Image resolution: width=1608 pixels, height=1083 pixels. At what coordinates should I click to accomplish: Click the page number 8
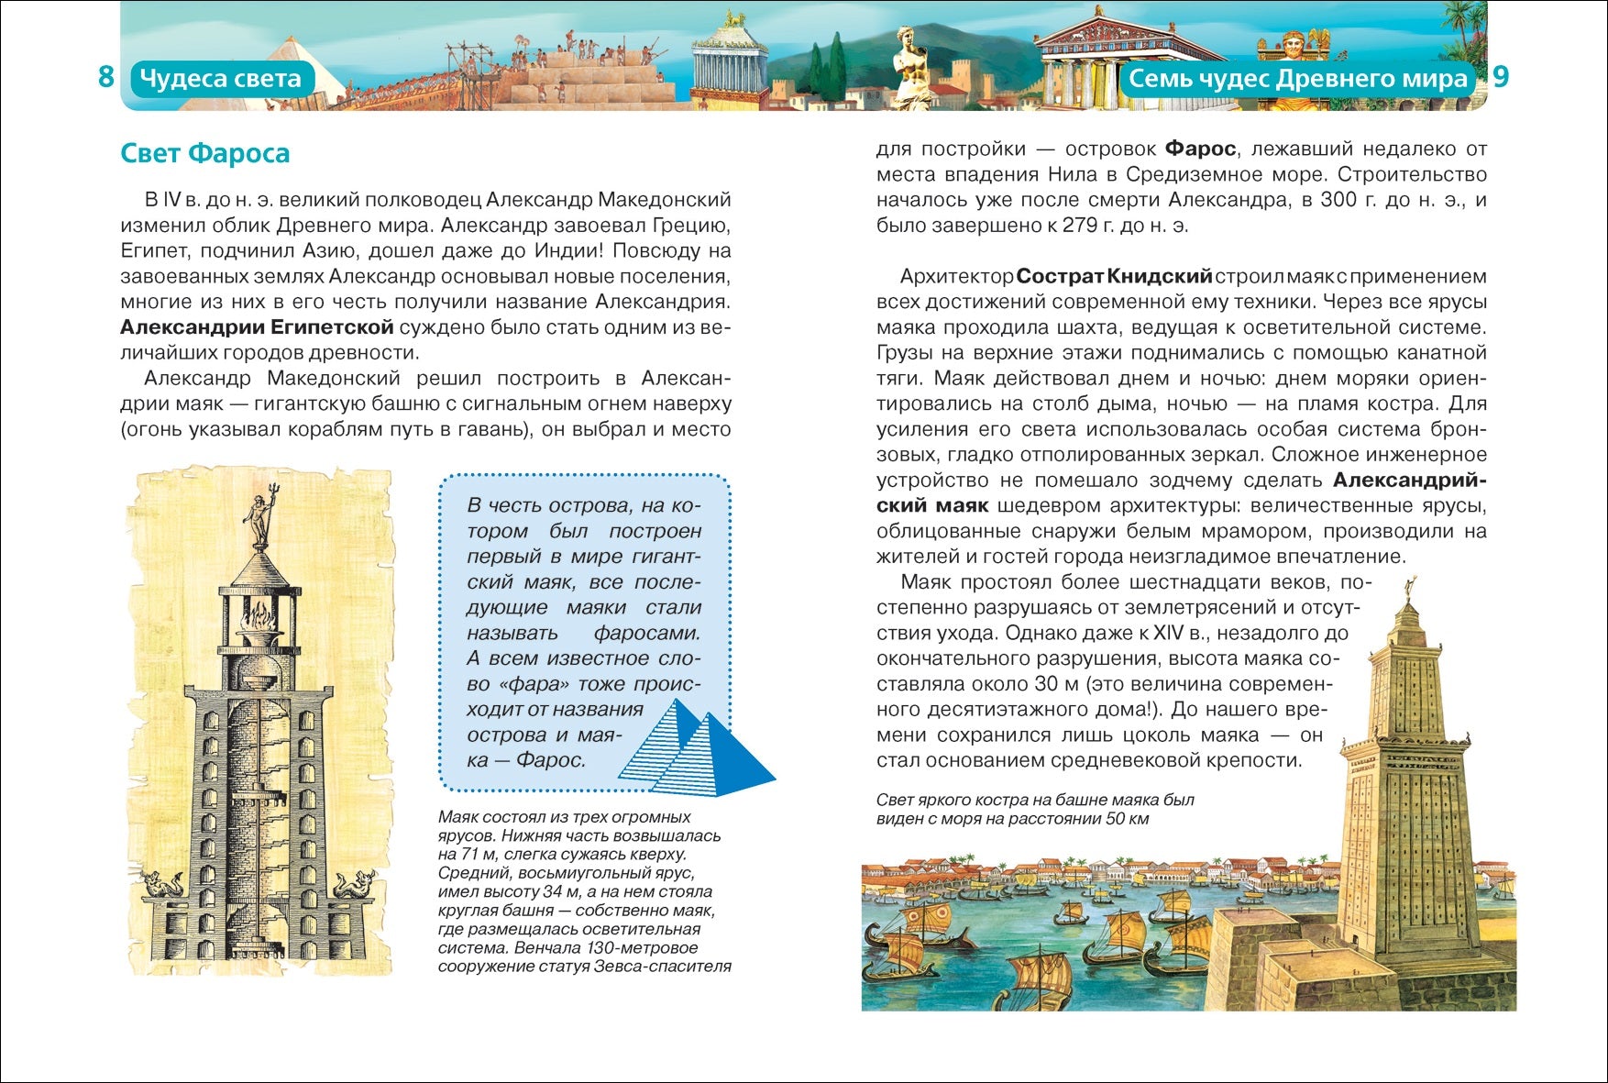click(106, 77)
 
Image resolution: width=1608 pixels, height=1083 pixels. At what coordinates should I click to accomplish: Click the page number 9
click(1500, 77)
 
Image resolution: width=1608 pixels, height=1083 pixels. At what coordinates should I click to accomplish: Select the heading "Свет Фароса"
click(204, 153)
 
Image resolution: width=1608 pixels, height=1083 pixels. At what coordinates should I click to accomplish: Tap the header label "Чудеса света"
click(220, 79)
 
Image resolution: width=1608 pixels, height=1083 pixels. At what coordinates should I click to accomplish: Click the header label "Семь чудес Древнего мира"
click(1297, 79)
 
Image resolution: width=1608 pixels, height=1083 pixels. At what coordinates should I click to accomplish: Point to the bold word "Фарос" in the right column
click(1200, 149)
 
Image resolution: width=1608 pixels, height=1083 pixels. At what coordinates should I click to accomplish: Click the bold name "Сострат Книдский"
click(1114, 276)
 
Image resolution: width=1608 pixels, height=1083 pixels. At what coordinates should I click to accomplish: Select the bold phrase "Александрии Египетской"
click(257, 326)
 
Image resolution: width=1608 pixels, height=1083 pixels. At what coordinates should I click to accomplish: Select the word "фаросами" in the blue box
click(646, 633)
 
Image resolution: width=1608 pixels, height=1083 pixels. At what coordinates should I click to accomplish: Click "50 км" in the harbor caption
click(1127, 819)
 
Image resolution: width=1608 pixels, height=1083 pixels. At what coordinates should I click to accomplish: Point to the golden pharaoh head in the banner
click(1294, 44)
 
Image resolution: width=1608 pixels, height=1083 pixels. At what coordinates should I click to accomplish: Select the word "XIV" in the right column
click(1168, 633)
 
